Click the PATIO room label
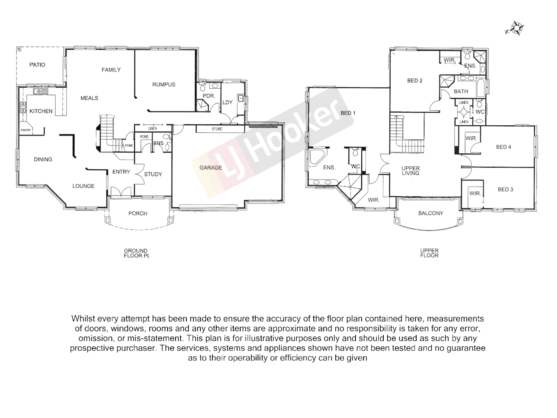[37, 65]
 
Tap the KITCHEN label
[41, 111]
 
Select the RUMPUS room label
[164, 84]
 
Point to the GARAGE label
[211, 168]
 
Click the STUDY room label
[153, 174]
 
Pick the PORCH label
[138, 213]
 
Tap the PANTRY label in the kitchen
[26, 130]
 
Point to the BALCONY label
[431, 213]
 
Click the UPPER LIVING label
[411, 171]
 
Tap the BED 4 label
[504, 147]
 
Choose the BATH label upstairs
[461, 92]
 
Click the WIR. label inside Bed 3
[475, 193]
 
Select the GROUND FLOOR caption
[136, 253]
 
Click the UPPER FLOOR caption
[429, 253]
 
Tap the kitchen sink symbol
[40, 91]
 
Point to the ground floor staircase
[105, 132]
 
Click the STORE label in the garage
[217, 129]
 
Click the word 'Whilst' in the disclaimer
[83, 319]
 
